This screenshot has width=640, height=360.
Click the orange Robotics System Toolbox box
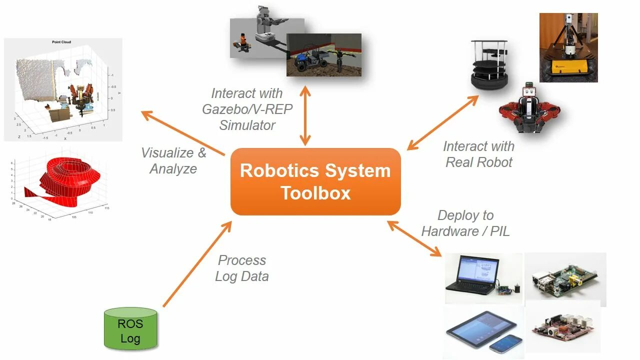point(315,181)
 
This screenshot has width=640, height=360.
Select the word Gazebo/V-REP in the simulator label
point(247,109)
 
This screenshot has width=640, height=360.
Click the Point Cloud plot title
point(61,42)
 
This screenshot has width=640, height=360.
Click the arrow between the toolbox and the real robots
point(442,122)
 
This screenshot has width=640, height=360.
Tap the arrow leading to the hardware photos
point(415,239)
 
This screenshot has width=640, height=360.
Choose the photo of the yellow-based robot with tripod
point(568,47)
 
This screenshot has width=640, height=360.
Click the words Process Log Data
point(242,268)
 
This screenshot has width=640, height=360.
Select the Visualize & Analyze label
point(173,160)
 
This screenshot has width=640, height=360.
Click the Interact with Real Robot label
point(478,154)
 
